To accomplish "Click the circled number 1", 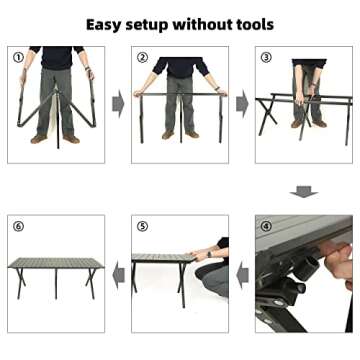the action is [19, 57].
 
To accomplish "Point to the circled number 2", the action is [143, 57].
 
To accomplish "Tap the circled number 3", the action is [266, 57].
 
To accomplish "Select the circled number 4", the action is [266, 226].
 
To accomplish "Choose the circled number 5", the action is [143, 226].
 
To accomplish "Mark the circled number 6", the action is [19, 226].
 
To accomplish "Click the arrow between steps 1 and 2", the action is [118, 104].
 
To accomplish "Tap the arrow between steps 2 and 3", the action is [242, 104].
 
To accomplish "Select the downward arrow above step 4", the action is [304, 192].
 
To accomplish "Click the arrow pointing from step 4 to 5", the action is [242, 274].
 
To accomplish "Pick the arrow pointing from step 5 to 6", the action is [118, 274].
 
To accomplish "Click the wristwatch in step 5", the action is [209, 254].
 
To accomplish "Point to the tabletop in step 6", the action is [56, 263].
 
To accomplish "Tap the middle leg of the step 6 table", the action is [56, 284].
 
